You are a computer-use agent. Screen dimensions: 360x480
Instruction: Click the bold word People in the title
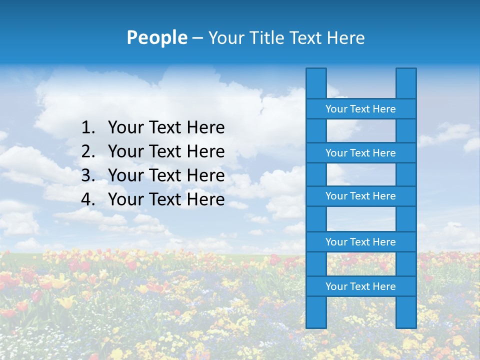(156, 37)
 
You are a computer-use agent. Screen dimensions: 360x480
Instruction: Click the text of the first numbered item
(166, 128)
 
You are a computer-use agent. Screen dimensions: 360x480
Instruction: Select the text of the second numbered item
(166, 151)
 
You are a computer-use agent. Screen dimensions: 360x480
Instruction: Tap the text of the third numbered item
(166, 175)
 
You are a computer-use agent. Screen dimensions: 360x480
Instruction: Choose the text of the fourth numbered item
(166, 199)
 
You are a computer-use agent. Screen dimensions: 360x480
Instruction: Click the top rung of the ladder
(360, 109)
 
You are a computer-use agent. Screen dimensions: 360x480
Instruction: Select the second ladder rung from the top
(360, 153)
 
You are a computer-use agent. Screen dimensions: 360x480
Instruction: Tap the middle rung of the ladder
(360, 196)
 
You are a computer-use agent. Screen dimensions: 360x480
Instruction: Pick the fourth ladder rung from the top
(360, 242)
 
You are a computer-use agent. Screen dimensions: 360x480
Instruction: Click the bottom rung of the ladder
(360, 286)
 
